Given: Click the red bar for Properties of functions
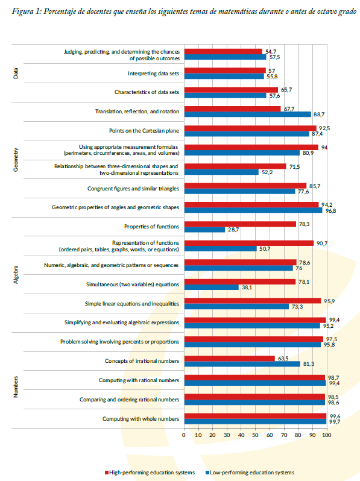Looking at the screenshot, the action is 241,224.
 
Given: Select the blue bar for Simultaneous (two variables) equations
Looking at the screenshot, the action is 212,287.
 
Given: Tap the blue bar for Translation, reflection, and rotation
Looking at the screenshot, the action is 248,114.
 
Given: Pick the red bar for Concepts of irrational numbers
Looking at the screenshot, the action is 230,358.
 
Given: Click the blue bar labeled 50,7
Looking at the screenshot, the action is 221,248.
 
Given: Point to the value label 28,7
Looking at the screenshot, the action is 233,230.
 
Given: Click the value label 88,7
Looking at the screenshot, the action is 319,115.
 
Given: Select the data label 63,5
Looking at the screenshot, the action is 283,358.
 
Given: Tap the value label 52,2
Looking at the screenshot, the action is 267,172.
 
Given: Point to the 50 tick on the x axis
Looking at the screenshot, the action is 255,435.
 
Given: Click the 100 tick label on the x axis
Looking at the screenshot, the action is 327,435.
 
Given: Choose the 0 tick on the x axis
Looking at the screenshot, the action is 184,435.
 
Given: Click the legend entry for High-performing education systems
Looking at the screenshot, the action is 150,473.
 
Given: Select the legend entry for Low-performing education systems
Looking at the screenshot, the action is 250,473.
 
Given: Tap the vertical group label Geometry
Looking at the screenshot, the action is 16,160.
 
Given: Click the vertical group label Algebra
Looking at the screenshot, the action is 16,274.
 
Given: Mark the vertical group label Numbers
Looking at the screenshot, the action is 16,387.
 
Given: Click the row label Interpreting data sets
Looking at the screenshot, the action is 153,74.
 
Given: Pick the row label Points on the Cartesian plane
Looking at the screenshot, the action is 144,131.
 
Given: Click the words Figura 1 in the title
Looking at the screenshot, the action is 26,11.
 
